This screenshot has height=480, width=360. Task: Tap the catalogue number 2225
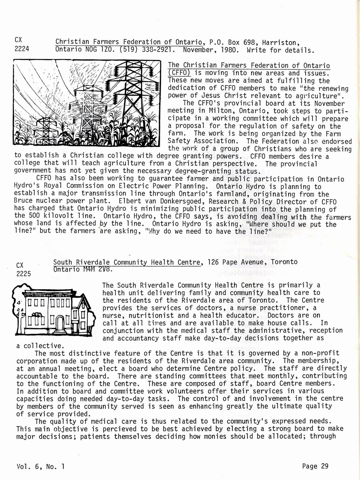point(24,274)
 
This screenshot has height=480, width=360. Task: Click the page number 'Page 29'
point(315,466)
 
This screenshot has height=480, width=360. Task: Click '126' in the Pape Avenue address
point(214,262)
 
